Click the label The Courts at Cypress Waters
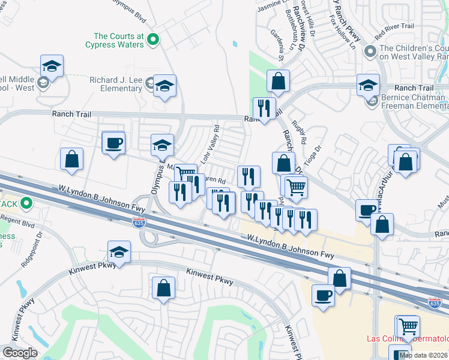(x=114, y=40)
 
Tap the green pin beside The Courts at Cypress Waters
(x=153, y=40)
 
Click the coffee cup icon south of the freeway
(x=323, y=295)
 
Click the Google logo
(x=20, y=353)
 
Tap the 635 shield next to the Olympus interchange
(x=139, y=223)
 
